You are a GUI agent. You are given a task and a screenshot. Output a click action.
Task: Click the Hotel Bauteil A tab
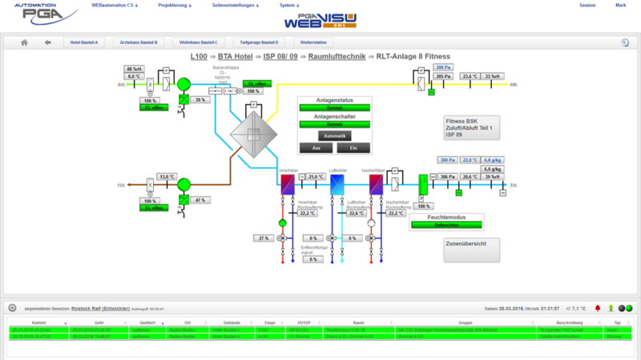(84, 42)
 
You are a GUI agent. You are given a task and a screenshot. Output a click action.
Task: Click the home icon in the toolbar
(25, 42)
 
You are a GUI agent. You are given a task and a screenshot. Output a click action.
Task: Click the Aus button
(316, 148)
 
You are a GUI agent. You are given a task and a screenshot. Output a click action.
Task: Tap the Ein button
(353, 148)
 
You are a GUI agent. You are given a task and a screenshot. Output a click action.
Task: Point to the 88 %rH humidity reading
(134, 69)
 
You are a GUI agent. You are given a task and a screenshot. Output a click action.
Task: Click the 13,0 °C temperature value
(166, 177)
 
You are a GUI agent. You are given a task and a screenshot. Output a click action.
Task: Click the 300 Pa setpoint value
(447, 160)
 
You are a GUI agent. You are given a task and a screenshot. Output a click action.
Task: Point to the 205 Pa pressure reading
(444, 76)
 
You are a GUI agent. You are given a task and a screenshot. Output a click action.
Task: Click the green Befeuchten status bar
(446, 225)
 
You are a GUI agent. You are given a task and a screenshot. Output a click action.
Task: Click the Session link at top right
(587, 5)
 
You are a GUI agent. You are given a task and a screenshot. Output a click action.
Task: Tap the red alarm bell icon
(597, 308)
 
